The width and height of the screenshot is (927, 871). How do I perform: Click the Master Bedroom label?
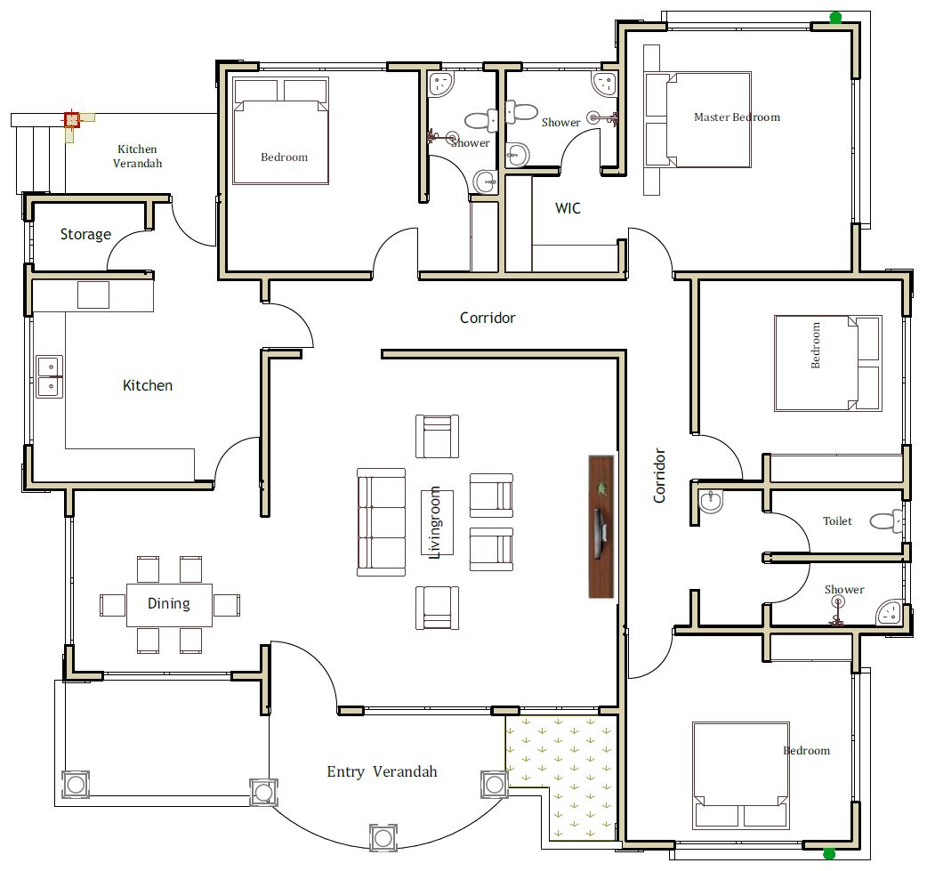coord(737,117)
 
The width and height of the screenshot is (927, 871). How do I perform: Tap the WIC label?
coord(568,208)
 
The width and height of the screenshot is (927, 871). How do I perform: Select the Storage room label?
coord(85,235)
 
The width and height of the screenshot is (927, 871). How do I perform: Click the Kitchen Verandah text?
coord(137,156)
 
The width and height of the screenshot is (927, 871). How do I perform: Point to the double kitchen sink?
coord(50,376)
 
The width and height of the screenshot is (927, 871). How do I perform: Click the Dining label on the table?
coord(168,604)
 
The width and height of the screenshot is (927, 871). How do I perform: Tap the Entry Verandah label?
coord(382,771)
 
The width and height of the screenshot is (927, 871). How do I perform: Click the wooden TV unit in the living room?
coord(601,527)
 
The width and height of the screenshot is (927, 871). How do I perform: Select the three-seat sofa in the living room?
coord(382,522)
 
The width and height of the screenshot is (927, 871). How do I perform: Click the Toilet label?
coord(837,521)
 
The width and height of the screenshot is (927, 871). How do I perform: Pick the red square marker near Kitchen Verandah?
coord(71,120)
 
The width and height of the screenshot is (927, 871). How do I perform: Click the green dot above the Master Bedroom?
coord(835,18)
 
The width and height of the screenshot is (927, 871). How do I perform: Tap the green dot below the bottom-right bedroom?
coord(829,853)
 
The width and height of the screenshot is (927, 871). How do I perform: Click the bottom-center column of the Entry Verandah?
coord(383,838)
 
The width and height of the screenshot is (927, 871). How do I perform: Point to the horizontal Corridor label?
coord(488,319)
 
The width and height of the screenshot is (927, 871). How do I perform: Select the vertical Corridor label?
coord(660,476)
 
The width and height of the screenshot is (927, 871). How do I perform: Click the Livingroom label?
coord(435,522)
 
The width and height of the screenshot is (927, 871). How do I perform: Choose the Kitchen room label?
coord(148,385)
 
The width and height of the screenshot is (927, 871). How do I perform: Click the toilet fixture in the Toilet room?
coord(886,521)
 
